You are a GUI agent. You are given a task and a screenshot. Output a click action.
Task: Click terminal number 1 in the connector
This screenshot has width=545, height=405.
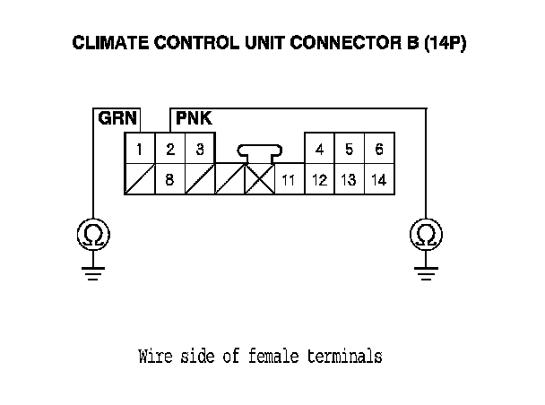pos(139,149)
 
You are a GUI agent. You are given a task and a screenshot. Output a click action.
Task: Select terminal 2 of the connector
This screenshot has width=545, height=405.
pos(170,149)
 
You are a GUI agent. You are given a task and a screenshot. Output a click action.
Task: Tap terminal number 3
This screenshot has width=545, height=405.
pos(200,149)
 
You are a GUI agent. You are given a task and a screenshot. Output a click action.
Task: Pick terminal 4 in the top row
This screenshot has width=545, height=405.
pos(319,149)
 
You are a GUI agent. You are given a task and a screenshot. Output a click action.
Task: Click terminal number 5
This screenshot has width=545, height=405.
pos(350,149)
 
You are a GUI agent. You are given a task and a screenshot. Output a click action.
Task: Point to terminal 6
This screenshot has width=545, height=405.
pos(379,149)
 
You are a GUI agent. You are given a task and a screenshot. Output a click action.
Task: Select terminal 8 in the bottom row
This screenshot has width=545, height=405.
pos(169,179)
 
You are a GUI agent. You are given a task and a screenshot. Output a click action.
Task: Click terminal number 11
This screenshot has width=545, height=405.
pos(290,179)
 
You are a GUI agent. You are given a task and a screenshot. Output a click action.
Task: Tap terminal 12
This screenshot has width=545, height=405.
pos(319,179)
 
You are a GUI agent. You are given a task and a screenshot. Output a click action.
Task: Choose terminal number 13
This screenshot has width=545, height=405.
pos(350,179)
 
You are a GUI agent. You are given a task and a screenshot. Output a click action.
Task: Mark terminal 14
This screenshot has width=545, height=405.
pos(379,179)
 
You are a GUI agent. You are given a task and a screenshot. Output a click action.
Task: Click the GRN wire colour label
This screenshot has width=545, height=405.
pos(117,118)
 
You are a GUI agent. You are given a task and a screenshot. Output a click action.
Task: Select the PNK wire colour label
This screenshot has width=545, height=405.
pos(194,118)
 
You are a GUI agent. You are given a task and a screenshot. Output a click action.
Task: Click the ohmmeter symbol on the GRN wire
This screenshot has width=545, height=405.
pos(93,235)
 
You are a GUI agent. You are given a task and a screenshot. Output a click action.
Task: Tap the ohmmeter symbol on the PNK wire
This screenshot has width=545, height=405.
pos(426,235)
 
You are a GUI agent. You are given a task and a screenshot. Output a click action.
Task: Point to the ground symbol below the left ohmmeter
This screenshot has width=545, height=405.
pos(93,273)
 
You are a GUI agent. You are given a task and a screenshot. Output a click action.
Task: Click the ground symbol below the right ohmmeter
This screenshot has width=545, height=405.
pos(426,273)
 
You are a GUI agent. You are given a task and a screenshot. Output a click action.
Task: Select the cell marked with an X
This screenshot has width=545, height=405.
pos(260,179)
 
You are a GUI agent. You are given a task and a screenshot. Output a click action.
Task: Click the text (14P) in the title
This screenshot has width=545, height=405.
pos(445,43)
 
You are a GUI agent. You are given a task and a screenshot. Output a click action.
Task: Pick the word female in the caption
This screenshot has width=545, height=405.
pos(273,357)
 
